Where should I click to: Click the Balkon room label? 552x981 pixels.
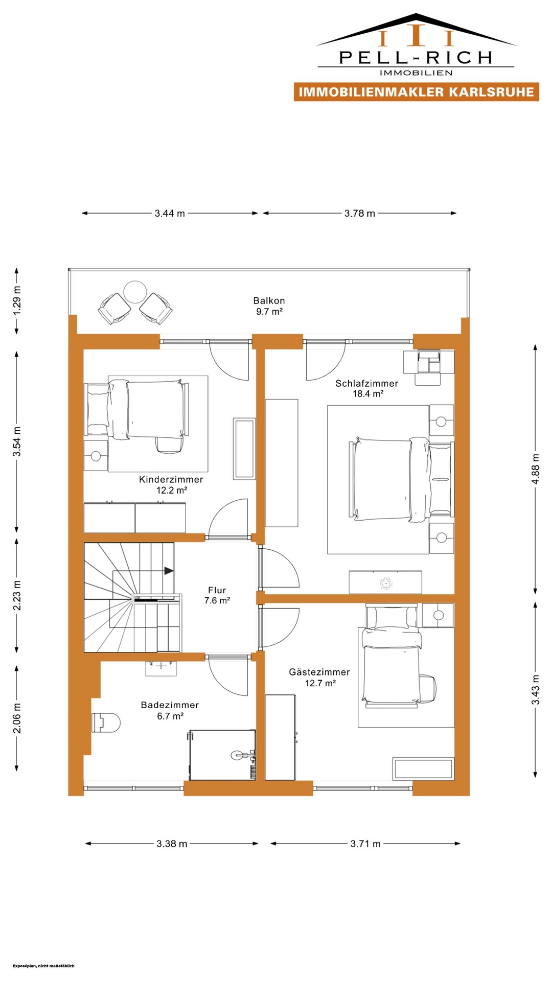(x=269, y=300)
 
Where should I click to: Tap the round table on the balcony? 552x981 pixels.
(x=135, y=292)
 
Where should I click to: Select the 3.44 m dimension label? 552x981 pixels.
(x=170, y=213)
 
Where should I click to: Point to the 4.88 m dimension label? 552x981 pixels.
(x=535, y=469)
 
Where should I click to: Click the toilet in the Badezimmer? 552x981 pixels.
(x=106, y=722)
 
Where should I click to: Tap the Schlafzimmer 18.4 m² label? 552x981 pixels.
(x=367, y=388)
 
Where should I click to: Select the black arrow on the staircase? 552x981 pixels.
(x=169, y=571)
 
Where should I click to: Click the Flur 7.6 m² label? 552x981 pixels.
(x=217, y=595)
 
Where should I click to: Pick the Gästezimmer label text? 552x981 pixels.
(x=319, y=672)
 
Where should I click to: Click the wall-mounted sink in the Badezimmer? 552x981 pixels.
(x=161, y=668)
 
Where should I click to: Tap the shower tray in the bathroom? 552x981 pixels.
(x=222, y=755)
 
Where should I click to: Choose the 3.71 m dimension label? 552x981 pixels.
(x=365, y=844)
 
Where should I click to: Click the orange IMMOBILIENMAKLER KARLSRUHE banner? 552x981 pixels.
(x=417, y=92)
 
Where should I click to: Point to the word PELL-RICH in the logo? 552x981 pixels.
(x=416, y=57)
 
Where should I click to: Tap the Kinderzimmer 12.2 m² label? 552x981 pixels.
(x=171, y=484)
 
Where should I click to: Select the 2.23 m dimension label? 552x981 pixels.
(x=17, y=595)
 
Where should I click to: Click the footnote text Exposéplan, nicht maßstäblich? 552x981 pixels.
(x=43, y=966)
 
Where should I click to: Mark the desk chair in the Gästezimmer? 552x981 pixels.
(x=428, y=688)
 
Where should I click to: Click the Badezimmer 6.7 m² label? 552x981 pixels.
(x=170, y=710)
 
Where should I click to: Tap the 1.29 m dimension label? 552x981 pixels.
(x=17, y=305)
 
